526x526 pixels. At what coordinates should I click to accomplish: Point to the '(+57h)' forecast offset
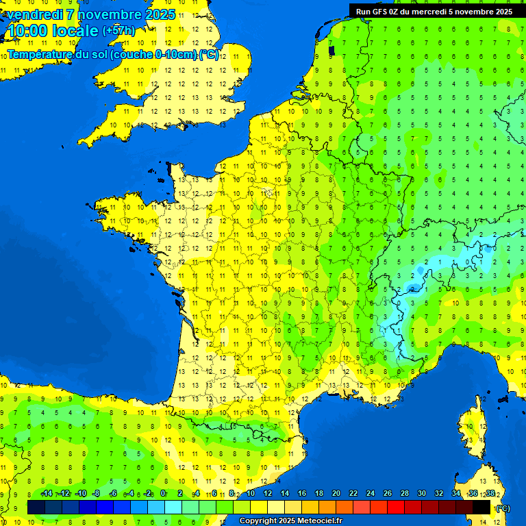(x=118, y=31)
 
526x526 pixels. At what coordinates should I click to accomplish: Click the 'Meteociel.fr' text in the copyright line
(x=320, y=521)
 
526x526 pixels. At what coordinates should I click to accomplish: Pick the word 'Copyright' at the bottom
(x=256, y=521)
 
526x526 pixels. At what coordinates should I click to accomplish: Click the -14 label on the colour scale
(x=47, y=494)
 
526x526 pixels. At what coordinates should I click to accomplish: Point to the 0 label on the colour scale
(x=163, y=494)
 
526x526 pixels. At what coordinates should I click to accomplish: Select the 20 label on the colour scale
(x=336, y=494)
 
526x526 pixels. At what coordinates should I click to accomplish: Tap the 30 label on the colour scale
(x=422, y=494)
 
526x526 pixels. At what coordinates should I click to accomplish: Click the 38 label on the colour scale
(x=490, y=494)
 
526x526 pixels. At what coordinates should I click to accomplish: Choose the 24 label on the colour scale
(x=371, y=494)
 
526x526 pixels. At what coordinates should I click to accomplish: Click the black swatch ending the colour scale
(x=481, y=507)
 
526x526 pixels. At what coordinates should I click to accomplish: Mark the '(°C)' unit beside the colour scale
(x=503, y=508)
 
